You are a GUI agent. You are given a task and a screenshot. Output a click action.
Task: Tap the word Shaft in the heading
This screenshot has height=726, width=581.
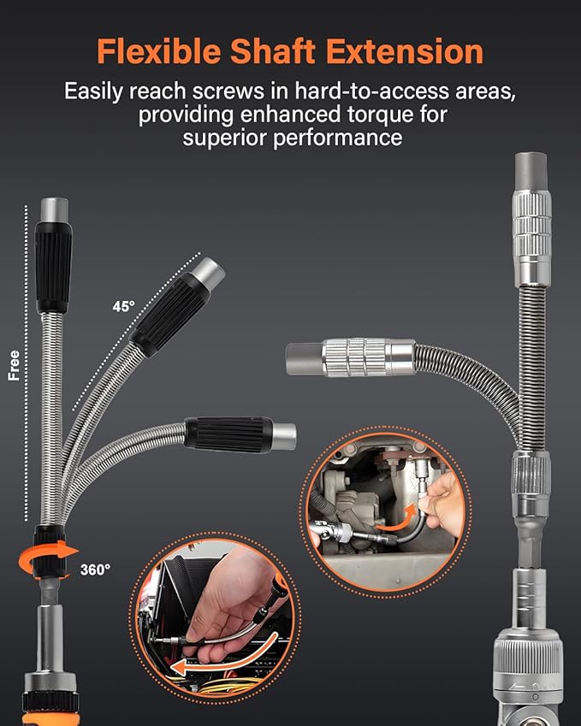coord(277,52)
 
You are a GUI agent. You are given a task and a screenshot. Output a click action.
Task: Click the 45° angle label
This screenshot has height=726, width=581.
coord(123,305)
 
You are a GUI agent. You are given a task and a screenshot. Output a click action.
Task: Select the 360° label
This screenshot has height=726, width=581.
coord(95,570)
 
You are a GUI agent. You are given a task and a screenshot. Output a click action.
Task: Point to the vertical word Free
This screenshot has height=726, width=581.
coord(14,363)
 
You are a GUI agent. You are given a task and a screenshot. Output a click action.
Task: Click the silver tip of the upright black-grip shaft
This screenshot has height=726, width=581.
coord(53,209)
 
